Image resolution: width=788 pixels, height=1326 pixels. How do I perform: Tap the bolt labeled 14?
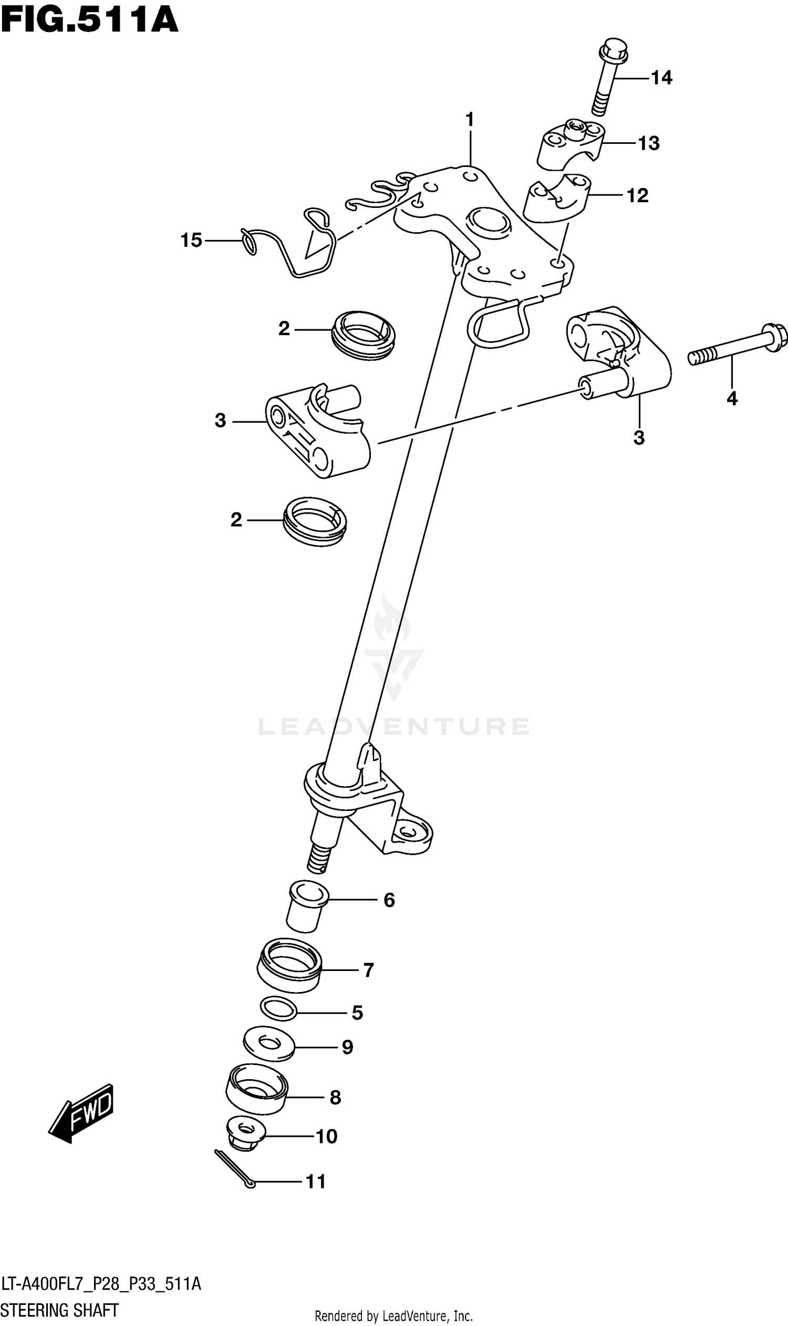click(x=608, y=75)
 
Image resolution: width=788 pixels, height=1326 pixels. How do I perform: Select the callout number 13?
click(x=648, y=143)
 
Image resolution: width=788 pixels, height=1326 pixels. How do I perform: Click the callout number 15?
click(x=191, y=241)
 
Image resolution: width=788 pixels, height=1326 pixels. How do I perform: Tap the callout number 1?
click(x=470, y=120)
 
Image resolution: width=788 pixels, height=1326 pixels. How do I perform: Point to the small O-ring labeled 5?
click(x=279, y=1009)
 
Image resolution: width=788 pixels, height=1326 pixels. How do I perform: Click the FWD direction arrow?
click(x=82, y=1113)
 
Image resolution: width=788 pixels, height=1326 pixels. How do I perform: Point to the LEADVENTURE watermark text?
click(x=393, y=726)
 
